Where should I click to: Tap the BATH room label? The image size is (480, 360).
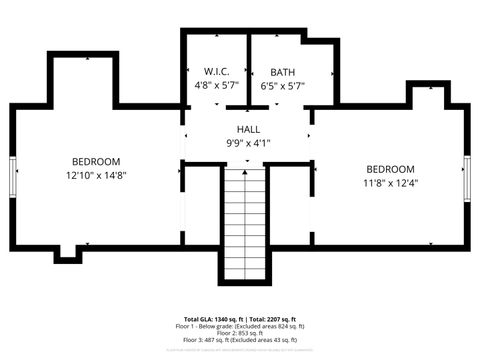click(x=283, y=72)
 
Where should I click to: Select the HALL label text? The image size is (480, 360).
click(x=248, y=130)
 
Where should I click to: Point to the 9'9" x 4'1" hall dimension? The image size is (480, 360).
click(x=248, y=143)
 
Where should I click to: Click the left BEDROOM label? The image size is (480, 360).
click(x=96, y=161)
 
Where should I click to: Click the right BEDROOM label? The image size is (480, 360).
click(x=390, y=169)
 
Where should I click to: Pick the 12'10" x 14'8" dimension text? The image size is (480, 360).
click(x=96, y=175)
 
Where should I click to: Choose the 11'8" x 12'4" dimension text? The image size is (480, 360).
click(x=390, y=183)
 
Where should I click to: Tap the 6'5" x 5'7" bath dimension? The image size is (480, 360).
click(x=283, y=86)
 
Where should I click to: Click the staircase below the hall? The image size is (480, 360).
click(x=246, y=225)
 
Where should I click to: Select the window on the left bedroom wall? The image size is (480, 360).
click(x=13, y=178)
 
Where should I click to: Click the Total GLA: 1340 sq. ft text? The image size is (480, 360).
click(x=213, y=319)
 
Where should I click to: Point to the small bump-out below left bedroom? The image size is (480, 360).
click(x=67, y=254)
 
